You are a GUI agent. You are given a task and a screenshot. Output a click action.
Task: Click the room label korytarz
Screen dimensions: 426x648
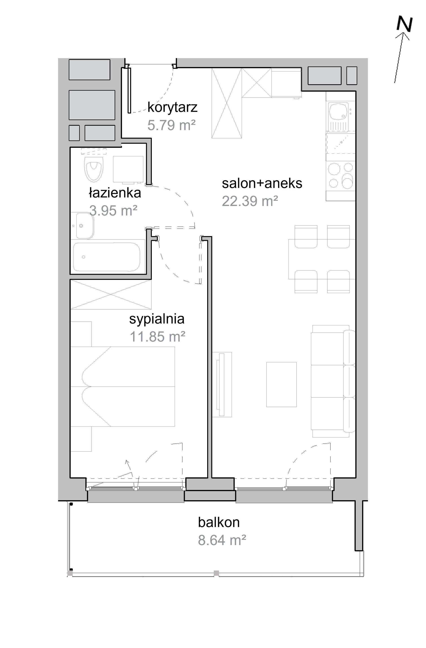point(172,108)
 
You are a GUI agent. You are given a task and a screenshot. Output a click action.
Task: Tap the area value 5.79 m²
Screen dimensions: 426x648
point(172,126)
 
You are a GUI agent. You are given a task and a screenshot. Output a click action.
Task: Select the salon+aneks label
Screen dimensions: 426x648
point(262,183)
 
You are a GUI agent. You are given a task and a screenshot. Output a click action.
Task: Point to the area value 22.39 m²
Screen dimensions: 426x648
point(250,201)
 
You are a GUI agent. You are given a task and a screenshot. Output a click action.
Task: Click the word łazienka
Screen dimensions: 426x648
point(115,193)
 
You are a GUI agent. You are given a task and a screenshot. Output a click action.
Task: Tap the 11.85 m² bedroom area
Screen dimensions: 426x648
point(158,337)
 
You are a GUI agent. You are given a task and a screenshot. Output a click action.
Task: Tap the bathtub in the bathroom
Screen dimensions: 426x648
point(107,257)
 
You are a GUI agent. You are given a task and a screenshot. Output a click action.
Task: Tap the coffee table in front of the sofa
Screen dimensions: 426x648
point(281,385)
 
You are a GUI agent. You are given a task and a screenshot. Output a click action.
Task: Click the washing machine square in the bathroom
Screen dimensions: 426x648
point(128,169)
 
